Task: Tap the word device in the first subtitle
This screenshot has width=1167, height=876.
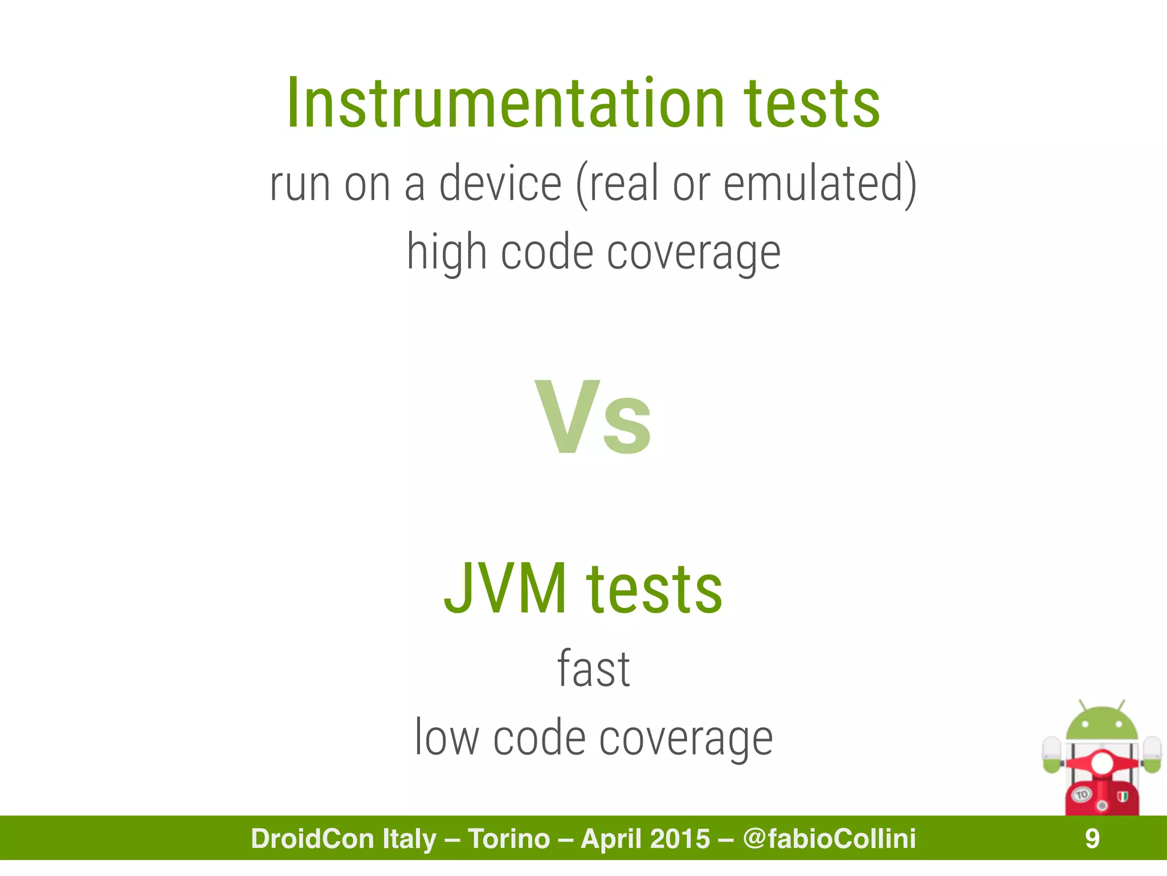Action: [500, 184]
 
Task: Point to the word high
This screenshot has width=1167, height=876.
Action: [446, 252]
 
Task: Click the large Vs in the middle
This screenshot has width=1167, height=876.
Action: [593, 417]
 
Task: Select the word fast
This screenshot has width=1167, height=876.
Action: [593, 669]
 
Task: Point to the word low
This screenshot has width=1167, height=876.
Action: [446, 738]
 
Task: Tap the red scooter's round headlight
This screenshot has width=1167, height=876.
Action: [1101, 763]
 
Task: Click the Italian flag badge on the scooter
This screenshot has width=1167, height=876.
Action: [1122, 796]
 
